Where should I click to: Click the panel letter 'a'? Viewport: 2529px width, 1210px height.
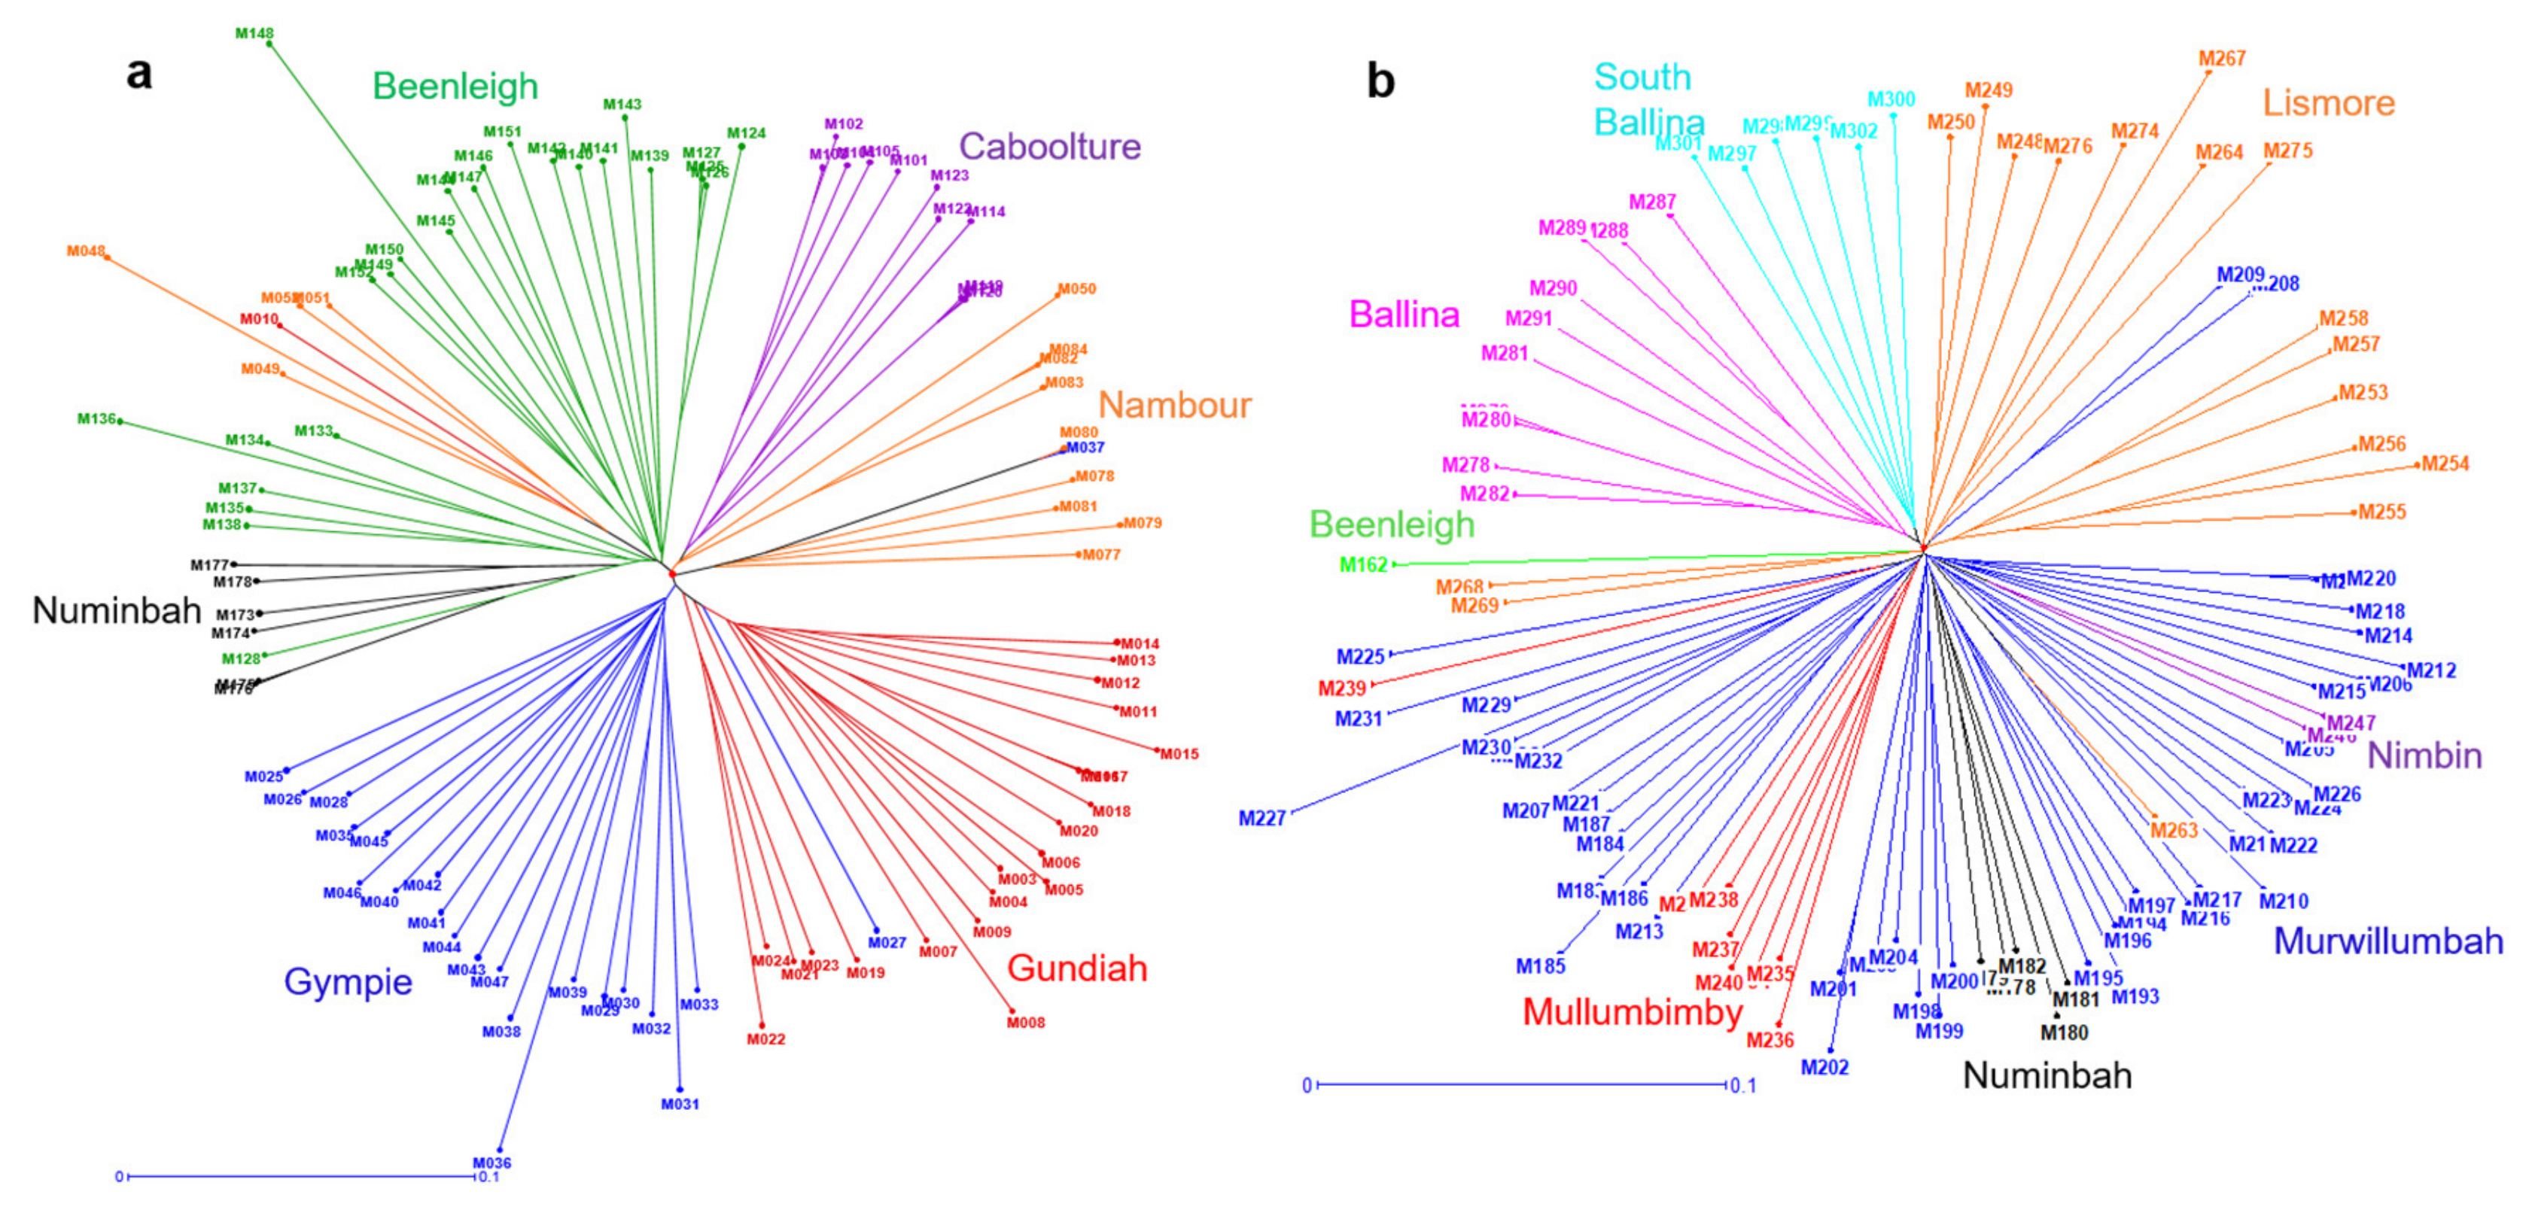pyautogui.click(x=139, y=74)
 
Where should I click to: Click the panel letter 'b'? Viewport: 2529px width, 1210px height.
pyautogui.click(x=1380, y=81)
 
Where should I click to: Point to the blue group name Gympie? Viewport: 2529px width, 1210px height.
pyautogui.click(x=348, y=981)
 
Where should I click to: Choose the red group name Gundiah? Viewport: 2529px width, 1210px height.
pyautogui.click(x=1077, y=968)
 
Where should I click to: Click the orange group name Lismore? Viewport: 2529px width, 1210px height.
pyautogui.click(x=2329, y=103)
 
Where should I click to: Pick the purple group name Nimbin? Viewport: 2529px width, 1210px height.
pyautogui.click(x=2424, y=755)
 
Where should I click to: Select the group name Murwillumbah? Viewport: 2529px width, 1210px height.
pyautogui.click(x=2387, y=941)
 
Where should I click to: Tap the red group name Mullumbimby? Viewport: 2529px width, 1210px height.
pyautogui.click(x=1632, y=1012)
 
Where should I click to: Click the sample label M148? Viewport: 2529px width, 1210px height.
pyautogui.click(x=254, y=33)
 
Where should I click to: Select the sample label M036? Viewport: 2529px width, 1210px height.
pyautogui.click(x=491, y=1163)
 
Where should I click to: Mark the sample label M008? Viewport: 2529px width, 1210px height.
pyautogui.click(x=1026, y=1023)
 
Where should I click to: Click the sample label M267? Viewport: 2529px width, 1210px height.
pyautogui.click(x=2222, y=59)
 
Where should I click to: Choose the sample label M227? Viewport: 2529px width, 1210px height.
pyautogui.click(x=1261, y=819)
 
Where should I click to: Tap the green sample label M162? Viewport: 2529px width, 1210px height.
pyautogui.click(x=1364, y=565)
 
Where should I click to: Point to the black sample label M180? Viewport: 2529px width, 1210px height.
pyautogui.click(x=2064, y=1032)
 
